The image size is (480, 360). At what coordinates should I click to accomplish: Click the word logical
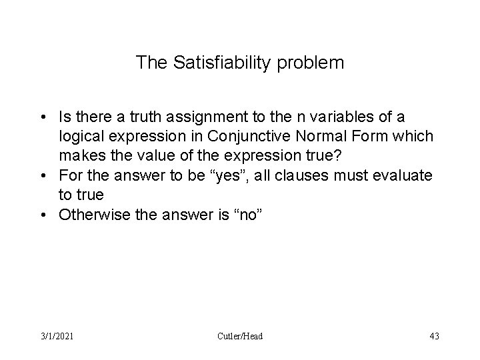tap(81, 136)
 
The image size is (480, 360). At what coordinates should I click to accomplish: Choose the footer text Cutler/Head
tap(241, 336)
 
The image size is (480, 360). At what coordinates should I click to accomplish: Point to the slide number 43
tap(434, 336)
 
